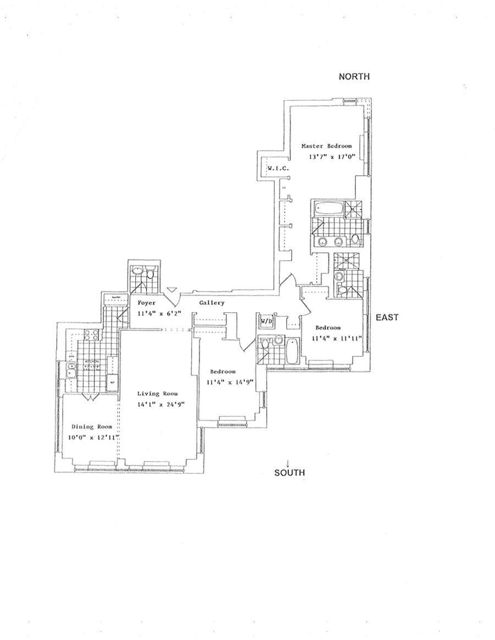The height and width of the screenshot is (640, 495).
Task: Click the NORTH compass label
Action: [x=354, y=77]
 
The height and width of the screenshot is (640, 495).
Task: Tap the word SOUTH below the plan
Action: [x=289, y=472]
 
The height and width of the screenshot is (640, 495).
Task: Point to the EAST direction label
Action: [x=387, y=318]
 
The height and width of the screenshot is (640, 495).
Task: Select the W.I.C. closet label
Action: [x=278, y=168]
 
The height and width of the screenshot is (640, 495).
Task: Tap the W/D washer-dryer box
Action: [x=266, y=321]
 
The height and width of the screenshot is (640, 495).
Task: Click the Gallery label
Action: [x=212, y=303]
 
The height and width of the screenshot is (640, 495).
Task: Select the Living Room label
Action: [x=157, y=393]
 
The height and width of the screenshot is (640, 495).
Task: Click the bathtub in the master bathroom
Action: [x=327, y=209]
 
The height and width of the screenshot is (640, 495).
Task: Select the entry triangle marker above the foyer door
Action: [x=172, y=289]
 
